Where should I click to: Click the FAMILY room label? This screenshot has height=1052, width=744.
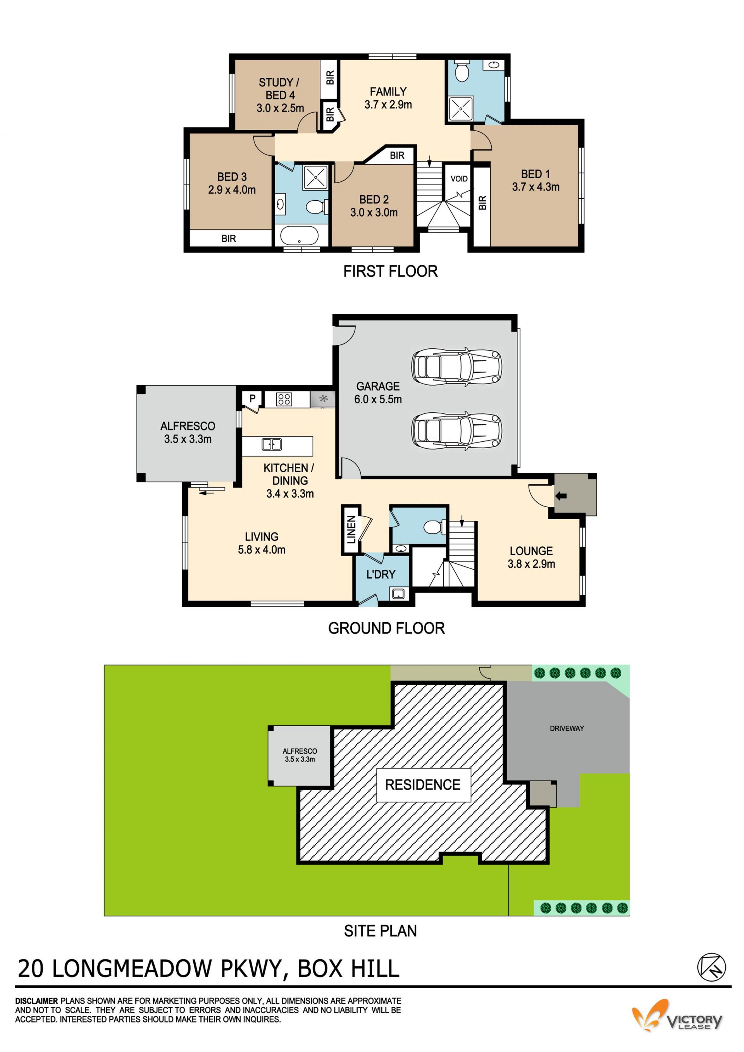388,91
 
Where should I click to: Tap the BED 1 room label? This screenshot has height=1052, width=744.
535,174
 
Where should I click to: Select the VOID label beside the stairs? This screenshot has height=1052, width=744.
459,179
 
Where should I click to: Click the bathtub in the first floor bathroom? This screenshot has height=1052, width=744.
299,236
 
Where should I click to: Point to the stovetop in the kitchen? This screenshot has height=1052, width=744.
284,399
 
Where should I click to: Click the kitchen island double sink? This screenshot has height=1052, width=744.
272,444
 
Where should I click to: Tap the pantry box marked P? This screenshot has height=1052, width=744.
252,399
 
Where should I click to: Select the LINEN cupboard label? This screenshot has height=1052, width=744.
351,530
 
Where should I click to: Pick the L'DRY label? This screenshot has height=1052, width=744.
381,574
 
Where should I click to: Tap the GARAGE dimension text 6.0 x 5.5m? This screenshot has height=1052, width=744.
377,399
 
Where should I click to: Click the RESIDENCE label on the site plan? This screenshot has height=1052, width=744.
422,785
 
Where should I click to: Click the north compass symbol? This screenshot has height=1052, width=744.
711,967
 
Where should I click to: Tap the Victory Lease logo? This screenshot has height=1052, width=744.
677,1018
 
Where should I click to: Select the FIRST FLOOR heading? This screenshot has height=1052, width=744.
390,271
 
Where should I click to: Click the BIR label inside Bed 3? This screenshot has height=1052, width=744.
229,238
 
